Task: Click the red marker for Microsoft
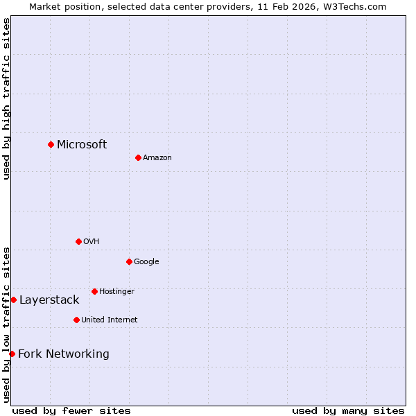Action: coord(51,144)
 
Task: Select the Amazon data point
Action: coord(138,157)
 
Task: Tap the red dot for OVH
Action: coord(78,241)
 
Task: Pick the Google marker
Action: coord(129,261)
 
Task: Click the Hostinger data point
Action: coord(94,291)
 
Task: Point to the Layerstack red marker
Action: coord(13,300)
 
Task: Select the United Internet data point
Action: coord(76,320)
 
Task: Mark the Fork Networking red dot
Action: coord(12,354)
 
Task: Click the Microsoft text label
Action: coord(82,144)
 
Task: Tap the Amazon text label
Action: coord(157,157)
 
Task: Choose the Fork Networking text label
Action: coord(64,354)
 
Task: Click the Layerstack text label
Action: coord(49,300)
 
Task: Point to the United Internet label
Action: coord(110,320)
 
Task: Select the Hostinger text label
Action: coord(116,291)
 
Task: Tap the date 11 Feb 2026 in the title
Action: coord(289,6)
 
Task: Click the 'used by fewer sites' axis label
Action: coord(71,410)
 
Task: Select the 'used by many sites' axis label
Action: coord(348,410)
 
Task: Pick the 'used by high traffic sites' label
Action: coord(6,98)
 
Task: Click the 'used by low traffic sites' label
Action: coord(6,324)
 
